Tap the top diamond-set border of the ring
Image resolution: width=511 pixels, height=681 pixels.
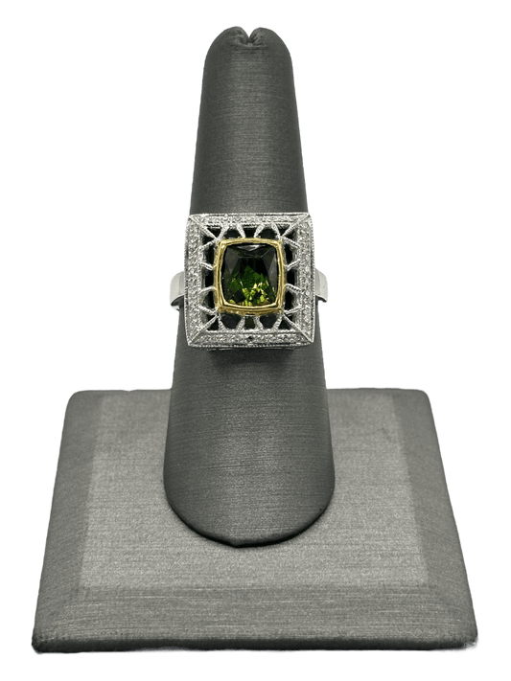coord(255,223)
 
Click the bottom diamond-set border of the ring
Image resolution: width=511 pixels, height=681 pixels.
coord(255,338)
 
